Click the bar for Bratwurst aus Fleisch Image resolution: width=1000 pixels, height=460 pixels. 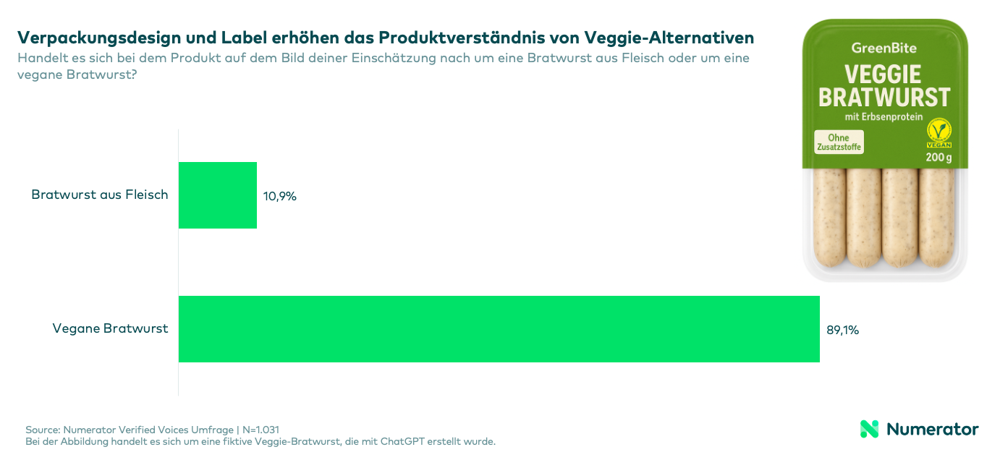(218, 195)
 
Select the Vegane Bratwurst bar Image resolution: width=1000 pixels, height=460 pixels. (499, 329)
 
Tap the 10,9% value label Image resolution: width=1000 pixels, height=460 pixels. (280, 196)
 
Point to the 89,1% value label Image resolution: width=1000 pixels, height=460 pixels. (842, 330)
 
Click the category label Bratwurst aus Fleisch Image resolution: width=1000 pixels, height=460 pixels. (100, 195)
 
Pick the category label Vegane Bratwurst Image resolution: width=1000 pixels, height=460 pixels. (110, 328)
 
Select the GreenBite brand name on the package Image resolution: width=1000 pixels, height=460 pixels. (884, 48)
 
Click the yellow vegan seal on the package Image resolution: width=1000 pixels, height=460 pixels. (938, 133)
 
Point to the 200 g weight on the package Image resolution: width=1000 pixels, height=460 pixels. (938, 158)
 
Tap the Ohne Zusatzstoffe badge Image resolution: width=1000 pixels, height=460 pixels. (839, 142)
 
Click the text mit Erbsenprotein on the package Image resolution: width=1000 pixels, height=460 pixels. (884, 116)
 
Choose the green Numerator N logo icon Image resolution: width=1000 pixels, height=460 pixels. (869, 429)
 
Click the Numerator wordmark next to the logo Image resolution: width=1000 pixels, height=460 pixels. (932, 429)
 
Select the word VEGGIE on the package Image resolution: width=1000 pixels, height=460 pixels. (884, 74)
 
